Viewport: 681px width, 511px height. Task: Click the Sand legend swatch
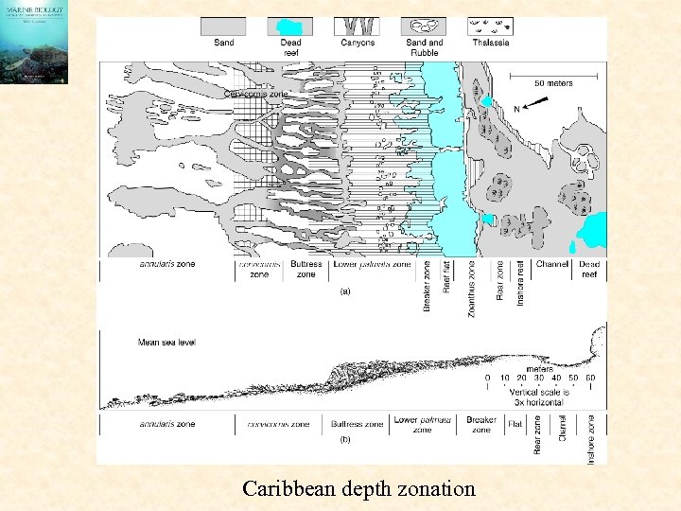pyautogui.click(x=224, y=26)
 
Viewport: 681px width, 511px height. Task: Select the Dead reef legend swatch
pyautogui.click(x=290, y=26)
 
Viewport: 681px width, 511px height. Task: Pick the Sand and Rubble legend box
pyautogui.click(x=423, y=26)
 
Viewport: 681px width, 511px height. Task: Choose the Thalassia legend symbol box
pyautogui.click(x=491, y=26)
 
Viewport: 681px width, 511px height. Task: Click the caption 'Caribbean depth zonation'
pyautogui.click(x=358, y=488)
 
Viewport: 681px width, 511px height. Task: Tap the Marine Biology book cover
pyautogui.click(x=34, y=43)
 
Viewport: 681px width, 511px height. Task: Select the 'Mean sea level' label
pyautogui.click(x=166, y=343)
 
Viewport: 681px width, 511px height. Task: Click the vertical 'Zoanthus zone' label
pyautogui.click(x=472, y=288)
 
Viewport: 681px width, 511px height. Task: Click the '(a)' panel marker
pyautogui.click(x=345, y=291)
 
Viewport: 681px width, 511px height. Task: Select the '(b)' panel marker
pyautogui.click(x=345, y=440)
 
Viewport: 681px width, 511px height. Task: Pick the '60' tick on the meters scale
pyautogui.click(x=591, y=379)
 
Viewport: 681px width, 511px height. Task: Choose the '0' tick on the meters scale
pyautogui.click(x=488, y=379)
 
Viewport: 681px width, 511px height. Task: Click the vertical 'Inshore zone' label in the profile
pyautogui.click(x=591, y=439)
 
